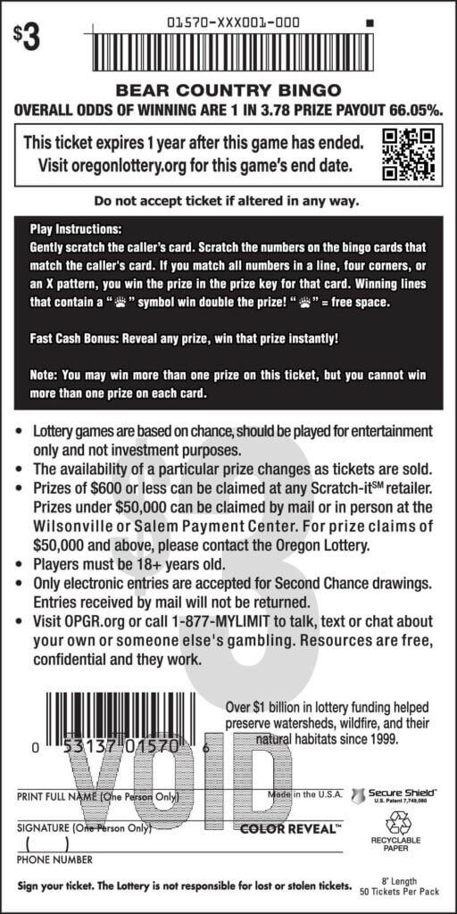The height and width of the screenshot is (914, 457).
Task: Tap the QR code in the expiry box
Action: point(407,154)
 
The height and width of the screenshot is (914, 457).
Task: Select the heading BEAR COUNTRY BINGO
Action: point(228,90)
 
